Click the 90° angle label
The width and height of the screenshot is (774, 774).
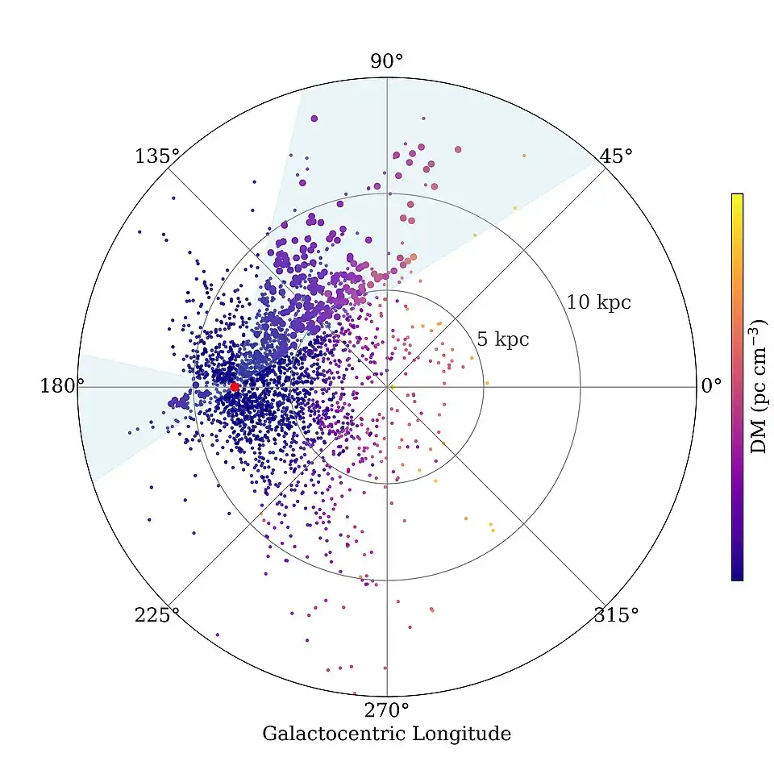coord(387,62)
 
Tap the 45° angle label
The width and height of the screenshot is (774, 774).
coord(617,156)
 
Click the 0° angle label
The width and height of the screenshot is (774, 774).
coord(710,386)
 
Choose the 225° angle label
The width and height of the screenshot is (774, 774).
coord(156,616)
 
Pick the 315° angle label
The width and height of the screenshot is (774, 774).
coord(616,616)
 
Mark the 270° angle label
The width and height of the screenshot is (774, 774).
coord(387,711)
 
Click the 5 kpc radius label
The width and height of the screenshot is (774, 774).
coord(502,339)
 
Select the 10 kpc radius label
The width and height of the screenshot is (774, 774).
coord(598,303)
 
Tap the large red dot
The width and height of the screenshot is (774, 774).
coord(235,387)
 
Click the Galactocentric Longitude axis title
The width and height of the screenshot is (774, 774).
coord(386,734)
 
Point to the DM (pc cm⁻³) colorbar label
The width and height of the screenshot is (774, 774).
coord(759,386)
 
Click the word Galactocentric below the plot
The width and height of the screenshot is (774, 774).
coord(335,734)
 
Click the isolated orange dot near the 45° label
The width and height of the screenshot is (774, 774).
coord(523,155)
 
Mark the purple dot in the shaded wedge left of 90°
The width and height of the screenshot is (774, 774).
coord(314,118)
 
